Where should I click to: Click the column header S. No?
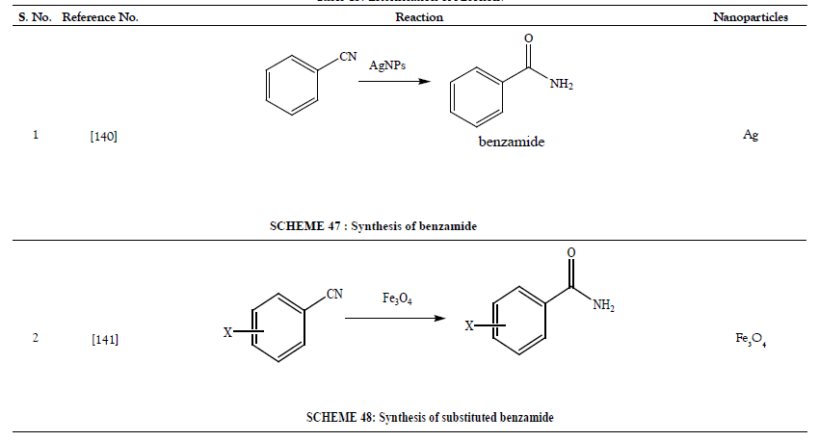pos(36,17)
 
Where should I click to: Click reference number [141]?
pos(104,339)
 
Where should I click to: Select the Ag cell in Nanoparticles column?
pos(751,136)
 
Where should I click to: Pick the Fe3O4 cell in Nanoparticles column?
pos(753,340)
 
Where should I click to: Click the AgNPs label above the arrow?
pos(388,65)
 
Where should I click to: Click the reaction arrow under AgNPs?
pos(394,83)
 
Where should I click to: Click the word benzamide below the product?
pos(512,143)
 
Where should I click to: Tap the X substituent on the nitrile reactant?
pos(228,332)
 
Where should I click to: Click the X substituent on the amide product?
pos(469,327)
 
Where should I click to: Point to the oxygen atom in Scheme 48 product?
pos(572,251)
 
